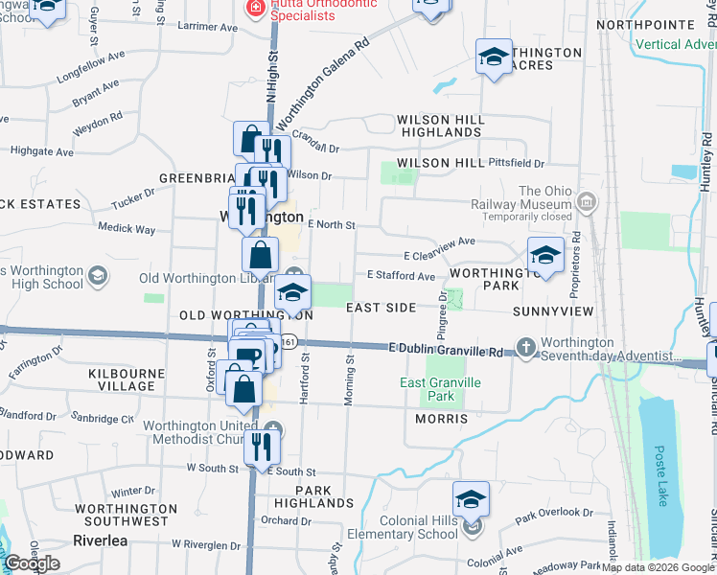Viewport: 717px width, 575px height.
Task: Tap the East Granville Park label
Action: [440, 389]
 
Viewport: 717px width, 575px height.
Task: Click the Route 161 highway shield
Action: [289, 343]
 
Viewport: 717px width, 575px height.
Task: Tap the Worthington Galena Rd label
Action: [322, 85]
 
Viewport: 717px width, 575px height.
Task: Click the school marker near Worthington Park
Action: [545, 254]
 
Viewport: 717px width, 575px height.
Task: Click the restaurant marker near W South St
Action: [261, 445]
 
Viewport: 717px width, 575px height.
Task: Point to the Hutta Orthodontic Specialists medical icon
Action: [256, 9]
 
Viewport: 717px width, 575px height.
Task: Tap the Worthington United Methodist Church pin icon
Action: [275, 427]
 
